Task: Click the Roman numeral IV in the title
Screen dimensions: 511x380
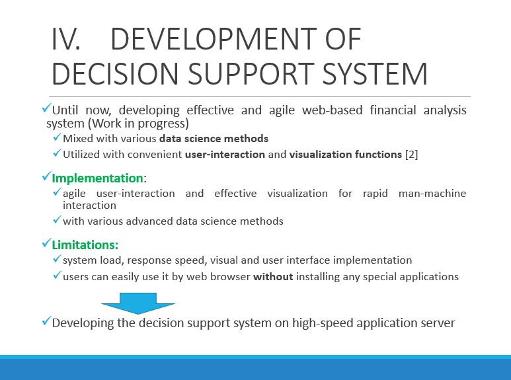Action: [x=65, y=39]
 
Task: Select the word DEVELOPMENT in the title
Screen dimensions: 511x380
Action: [x=214, y=39]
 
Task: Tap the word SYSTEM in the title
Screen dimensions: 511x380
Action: [x=374, y=73]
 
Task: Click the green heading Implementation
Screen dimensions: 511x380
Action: [x=97, y=178]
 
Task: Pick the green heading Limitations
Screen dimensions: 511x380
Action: [x=85, y=245]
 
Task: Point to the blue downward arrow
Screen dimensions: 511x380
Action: [x=138, y=303]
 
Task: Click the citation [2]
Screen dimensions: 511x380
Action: [x=411, y=154]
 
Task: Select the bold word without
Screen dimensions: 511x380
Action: [x=273, y=277]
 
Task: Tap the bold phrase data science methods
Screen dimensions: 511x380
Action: [x=214, y=139]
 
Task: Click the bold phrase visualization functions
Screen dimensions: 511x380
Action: [x=346, y=154]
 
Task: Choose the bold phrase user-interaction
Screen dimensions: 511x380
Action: [x=225, y=154]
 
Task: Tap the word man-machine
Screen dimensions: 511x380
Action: [x=432, y=193]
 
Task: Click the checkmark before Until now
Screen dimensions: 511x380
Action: [x=47, y=108]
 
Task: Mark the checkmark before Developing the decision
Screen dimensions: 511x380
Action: [x=47, y=321]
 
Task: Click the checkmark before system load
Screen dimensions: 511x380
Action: [x=57, y=259]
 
